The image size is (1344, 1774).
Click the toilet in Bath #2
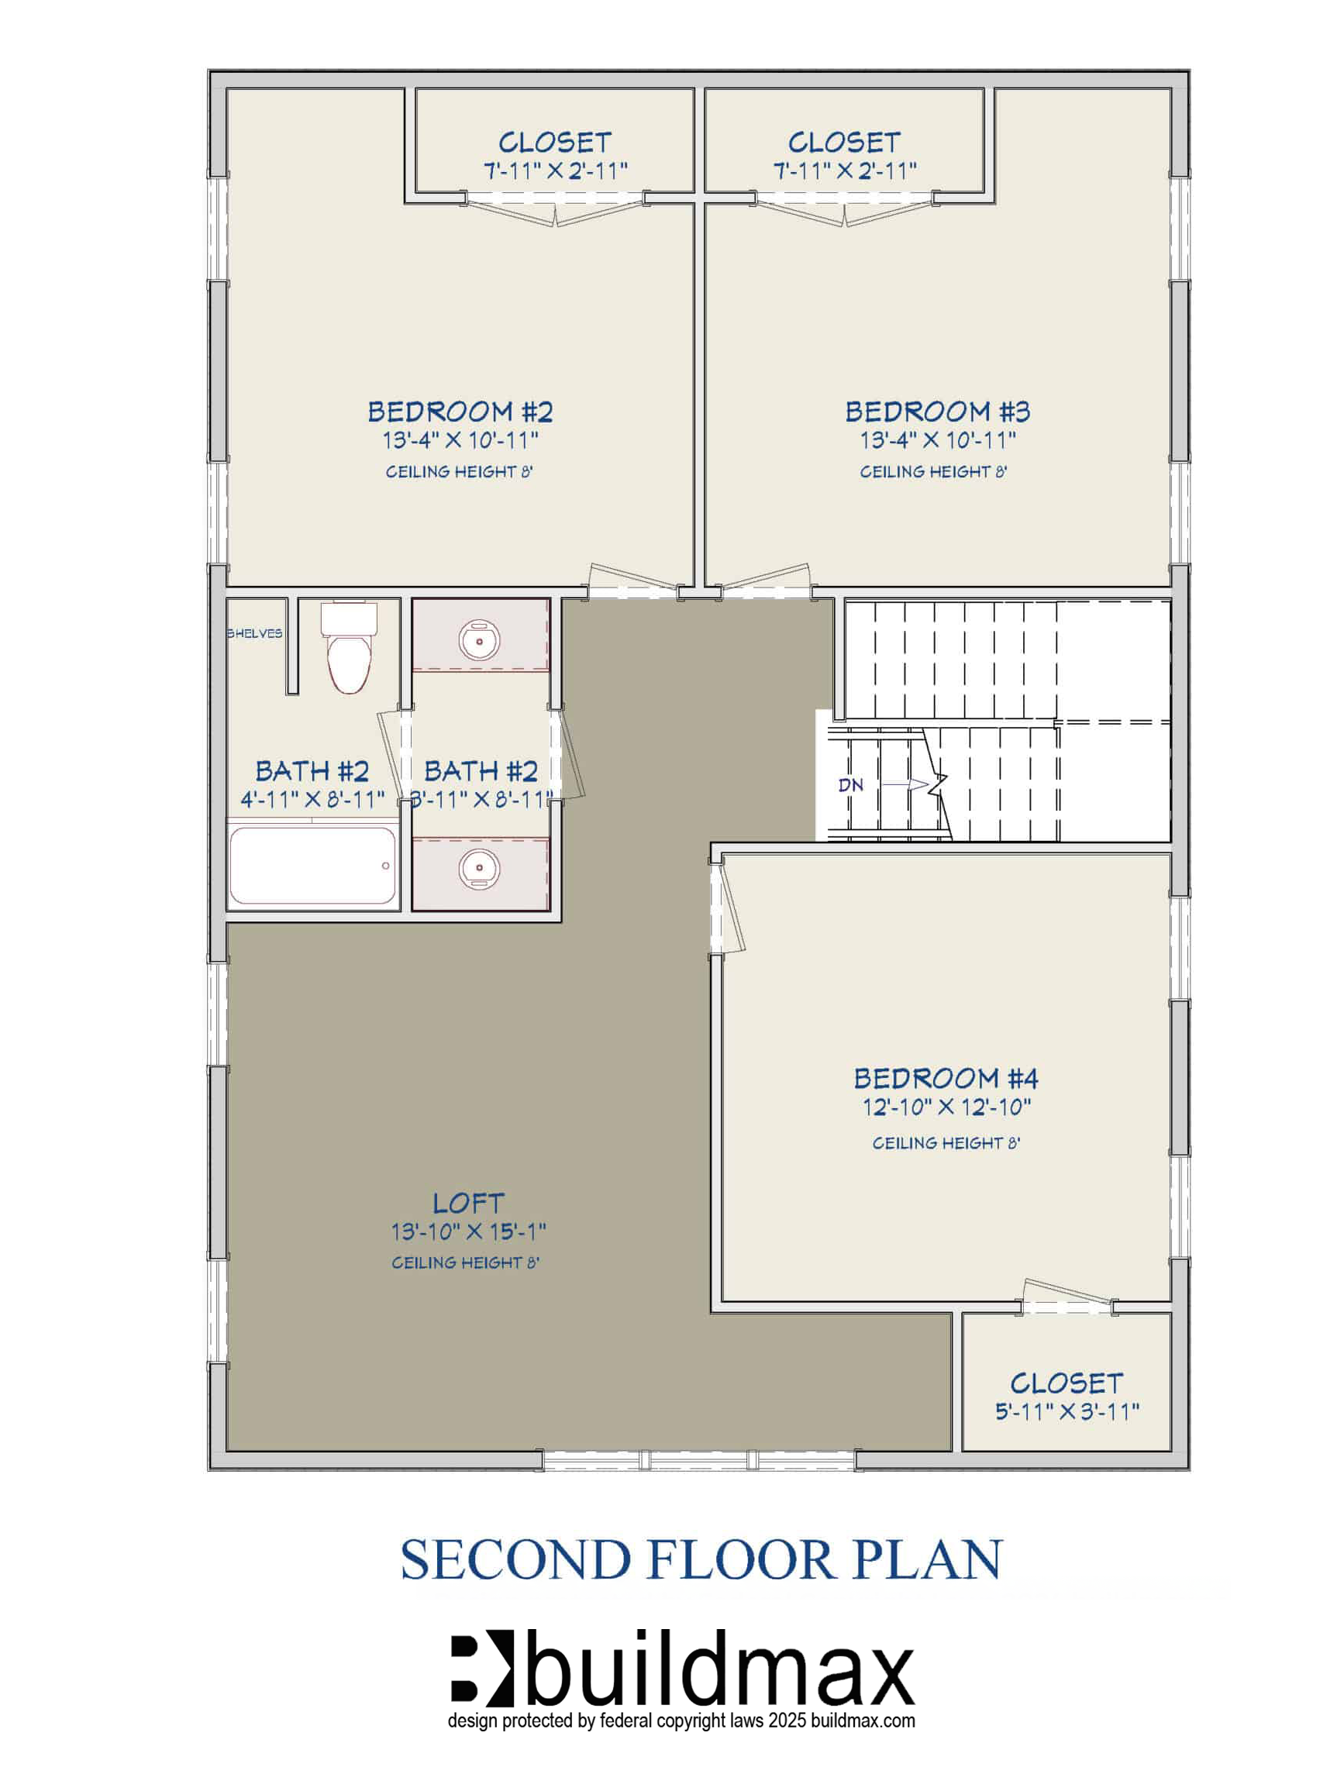349,647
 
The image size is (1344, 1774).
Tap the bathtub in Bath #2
312,866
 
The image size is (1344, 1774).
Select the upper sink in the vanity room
480,641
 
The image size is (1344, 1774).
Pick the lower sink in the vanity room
480,869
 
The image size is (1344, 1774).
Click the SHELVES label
254,634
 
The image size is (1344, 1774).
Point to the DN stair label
851,785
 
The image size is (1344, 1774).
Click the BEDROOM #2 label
460,412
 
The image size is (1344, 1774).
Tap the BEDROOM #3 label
937,412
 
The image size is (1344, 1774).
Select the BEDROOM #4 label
946,1079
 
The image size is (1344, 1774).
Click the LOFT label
468,1203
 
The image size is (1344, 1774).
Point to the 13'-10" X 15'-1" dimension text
468,1231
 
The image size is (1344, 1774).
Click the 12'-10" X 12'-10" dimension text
946,1107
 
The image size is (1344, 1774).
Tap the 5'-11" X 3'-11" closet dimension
1067,1411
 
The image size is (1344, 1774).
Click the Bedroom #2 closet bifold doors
555,210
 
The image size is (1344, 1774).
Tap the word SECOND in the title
515,1560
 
